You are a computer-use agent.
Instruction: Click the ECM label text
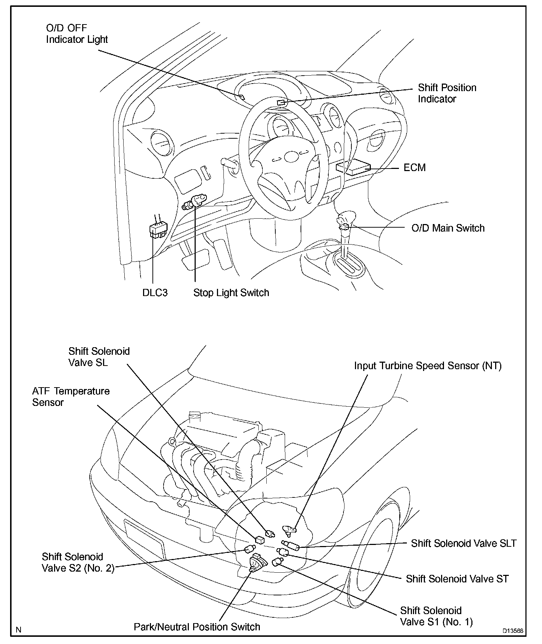[x=414, y=168]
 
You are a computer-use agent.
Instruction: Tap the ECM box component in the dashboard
[x=353, y=168]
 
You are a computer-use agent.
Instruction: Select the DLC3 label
[x=155, y=292]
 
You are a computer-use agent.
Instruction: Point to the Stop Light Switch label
[x=231, y=292]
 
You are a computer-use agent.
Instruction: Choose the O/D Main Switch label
[x=448, y=228]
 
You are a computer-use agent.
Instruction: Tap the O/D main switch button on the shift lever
[x=345, y=227]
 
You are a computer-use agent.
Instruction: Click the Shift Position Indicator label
[x=447, y=93]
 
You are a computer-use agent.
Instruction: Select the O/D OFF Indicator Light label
[x=77, y=33]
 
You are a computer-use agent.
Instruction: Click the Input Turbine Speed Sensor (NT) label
[x=428, y=366]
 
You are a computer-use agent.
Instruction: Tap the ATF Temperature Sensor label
[x=71, y=397]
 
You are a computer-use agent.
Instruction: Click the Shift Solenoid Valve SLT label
[x=464, y=543]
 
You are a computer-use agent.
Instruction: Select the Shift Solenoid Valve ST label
[x=457, y=579]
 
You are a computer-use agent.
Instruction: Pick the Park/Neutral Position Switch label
[x=197, y=627]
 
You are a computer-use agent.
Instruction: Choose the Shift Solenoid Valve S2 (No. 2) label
[x=78, y=563]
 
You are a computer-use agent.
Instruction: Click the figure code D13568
[x=513, y=631]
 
